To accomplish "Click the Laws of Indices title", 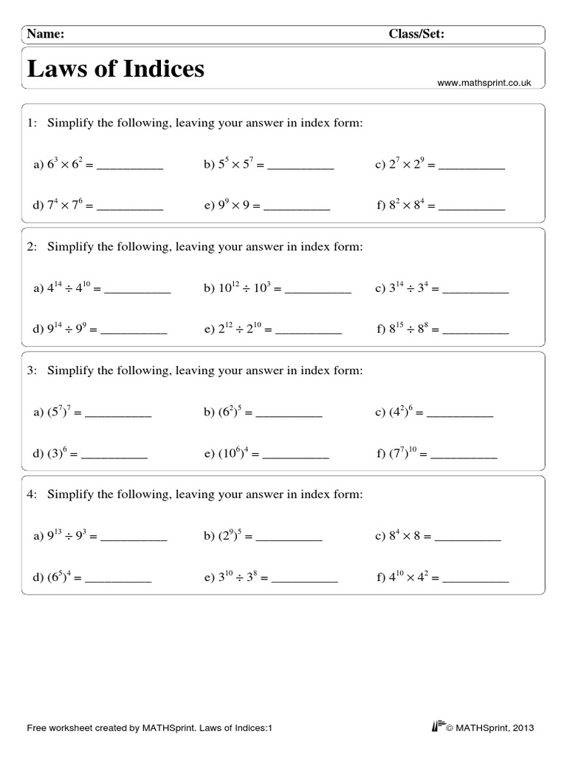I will [116, 69].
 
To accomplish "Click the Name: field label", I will [46, 33].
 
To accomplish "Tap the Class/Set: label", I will [416, 33].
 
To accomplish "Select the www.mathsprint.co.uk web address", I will [484, 84].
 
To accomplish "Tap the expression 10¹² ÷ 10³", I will [244, 290].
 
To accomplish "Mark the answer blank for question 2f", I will [475, 332].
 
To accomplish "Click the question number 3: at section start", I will [32, 370].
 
